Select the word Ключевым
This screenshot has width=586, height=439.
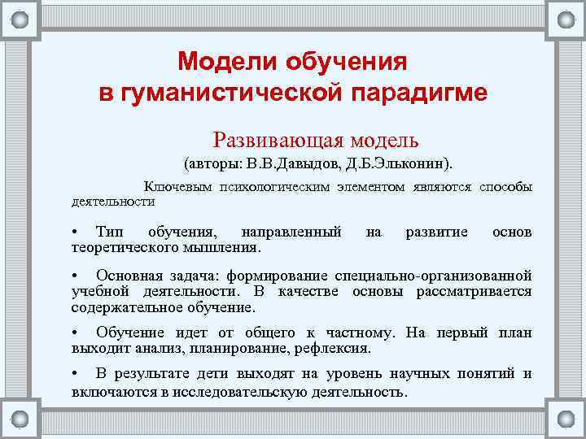[x=176, y=187]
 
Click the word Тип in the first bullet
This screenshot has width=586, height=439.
[x=108, y=233]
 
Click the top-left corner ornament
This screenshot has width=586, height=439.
[x=20, y=20]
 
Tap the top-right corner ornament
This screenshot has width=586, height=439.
[x=566, y=20]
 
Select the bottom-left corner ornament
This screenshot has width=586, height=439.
[x=20, y=419]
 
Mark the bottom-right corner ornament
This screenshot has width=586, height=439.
[x=566, y=419]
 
